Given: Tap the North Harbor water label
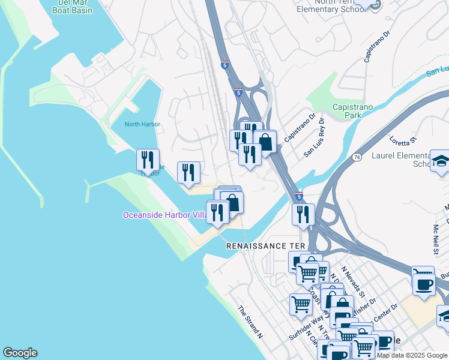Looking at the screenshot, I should (142, 124).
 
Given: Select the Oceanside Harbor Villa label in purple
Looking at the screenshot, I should (163, 215).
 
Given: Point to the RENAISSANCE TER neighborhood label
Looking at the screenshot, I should (266, 246).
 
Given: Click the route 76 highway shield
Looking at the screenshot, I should (357, 157).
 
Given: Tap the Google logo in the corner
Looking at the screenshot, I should (20, 353).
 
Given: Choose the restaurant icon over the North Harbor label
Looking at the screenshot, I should (148, 160).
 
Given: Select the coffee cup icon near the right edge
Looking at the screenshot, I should (424, 283).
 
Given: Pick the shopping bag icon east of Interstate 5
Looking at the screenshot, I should (265, 142).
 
